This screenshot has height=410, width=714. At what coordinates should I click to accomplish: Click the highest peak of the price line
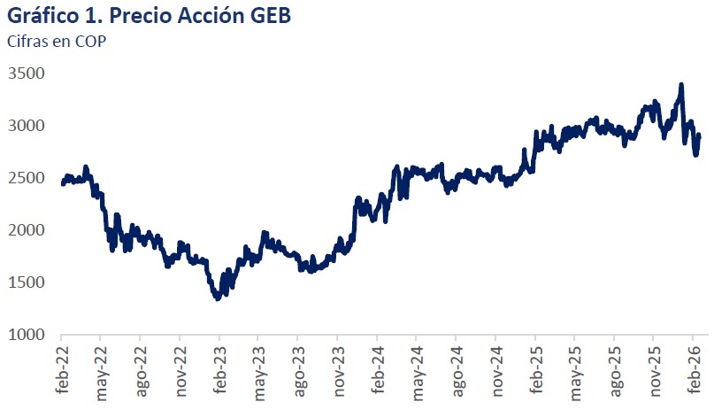(x=680, y=85)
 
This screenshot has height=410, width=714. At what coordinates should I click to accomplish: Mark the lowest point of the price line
(x=218, y=298)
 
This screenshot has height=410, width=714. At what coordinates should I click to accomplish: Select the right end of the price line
(x=699, y=135)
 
